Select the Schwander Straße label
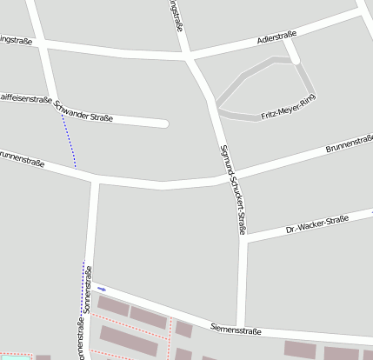83,111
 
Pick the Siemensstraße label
236,329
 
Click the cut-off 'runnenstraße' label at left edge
21,160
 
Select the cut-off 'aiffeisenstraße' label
25,100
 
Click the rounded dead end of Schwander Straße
163,123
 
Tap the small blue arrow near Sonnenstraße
102,288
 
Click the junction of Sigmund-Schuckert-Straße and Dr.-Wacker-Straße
245,240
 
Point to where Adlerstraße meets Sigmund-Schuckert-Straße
190,58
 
